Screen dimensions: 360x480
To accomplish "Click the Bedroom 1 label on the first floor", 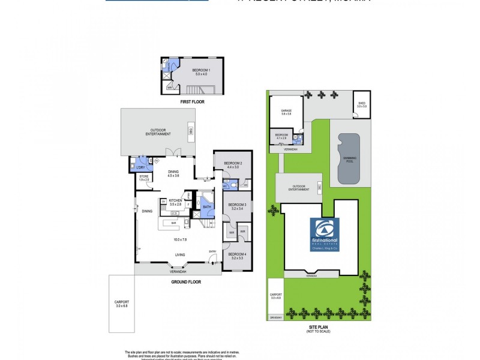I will (200, 72).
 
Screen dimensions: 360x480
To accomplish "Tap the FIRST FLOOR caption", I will (193, 102).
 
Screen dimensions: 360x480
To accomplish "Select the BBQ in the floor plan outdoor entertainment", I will (190, 131).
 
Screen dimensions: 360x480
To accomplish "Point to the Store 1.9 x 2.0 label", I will (144, 178).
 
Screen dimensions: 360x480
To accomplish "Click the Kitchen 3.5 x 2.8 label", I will (175, 202).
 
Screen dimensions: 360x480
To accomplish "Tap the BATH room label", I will (206, 207).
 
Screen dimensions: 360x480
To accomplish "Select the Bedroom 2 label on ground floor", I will (233, 165).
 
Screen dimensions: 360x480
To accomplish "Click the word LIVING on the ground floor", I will (179, 255).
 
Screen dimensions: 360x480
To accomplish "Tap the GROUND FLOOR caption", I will (185, 281).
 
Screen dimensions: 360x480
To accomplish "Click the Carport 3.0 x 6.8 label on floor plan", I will (122, 304).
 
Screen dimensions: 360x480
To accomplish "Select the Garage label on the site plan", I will (286, 112).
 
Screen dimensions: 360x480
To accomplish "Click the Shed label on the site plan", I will (362, 104).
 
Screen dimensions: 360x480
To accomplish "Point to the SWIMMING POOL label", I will (349, 158).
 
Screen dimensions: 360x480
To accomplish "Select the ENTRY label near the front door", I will (212, 251).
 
